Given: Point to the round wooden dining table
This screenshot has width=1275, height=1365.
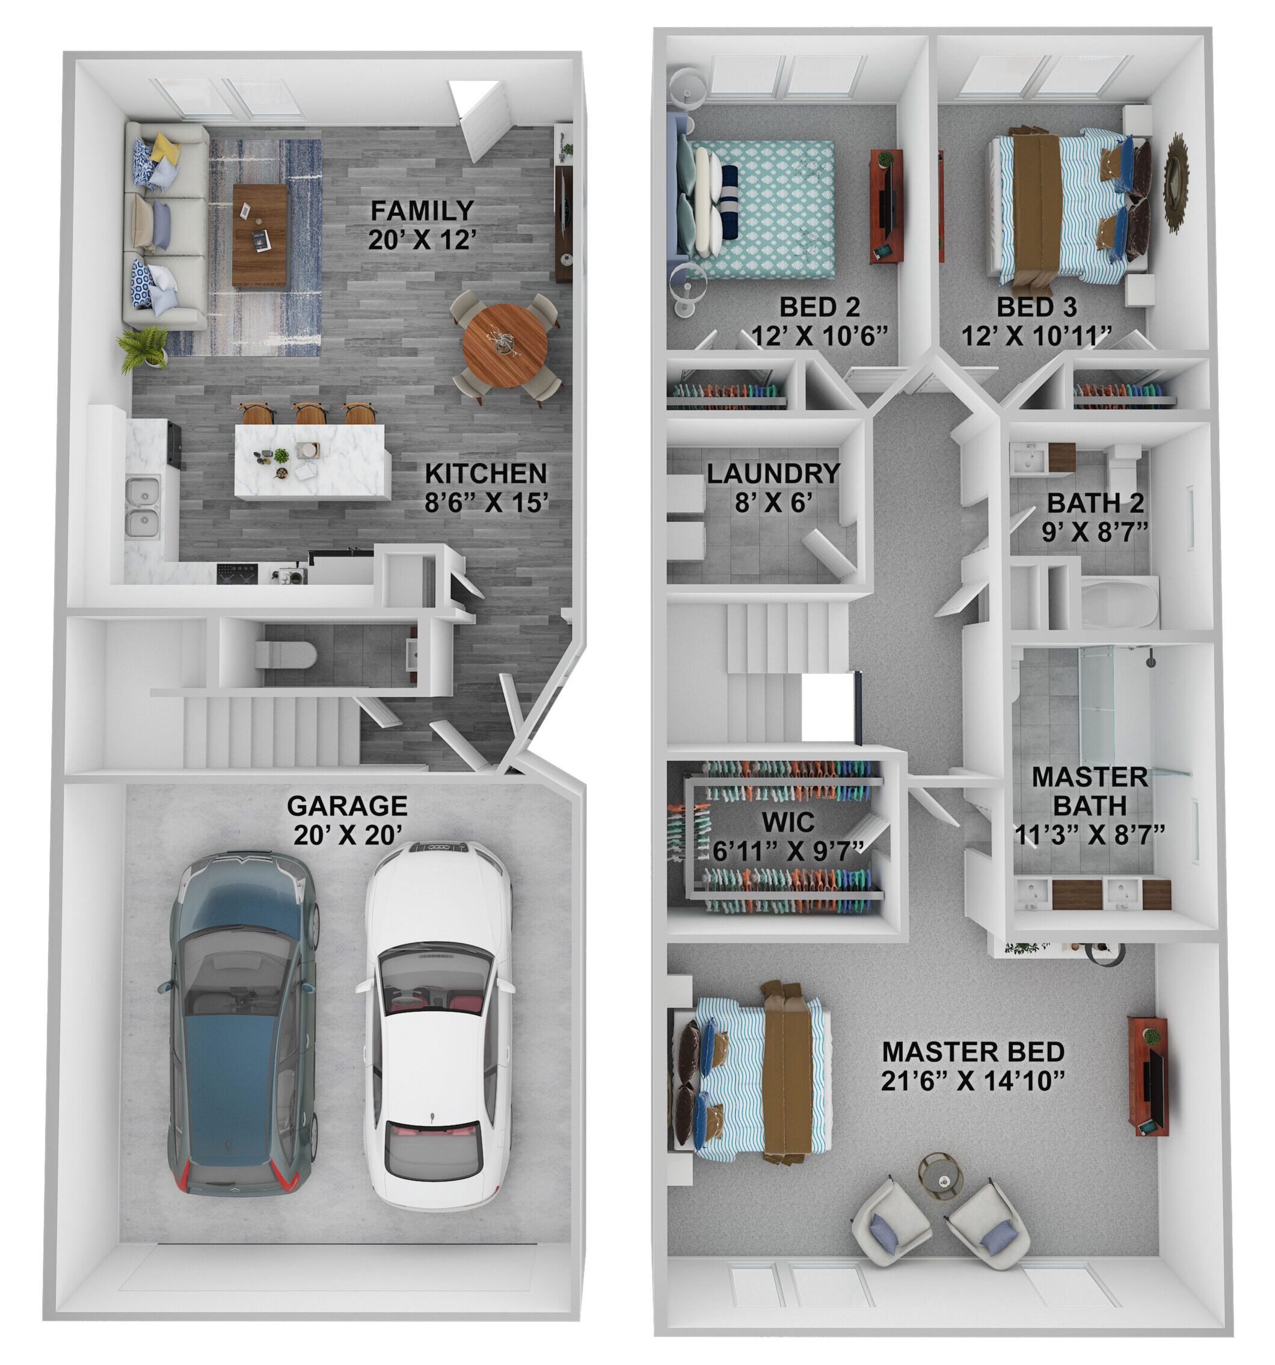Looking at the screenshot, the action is (x=505, y=346).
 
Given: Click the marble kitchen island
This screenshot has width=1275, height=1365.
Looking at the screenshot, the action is (x=312, y=461).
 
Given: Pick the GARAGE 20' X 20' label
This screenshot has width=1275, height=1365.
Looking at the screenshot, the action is (x=348, y=820).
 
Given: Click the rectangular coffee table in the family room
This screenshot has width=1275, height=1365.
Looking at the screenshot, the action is (x=260, y=235).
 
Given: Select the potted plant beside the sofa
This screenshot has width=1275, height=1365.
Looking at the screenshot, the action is (x=144, y=348).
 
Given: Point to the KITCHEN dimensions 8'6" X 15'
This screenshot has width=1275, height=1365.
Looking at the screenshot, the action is (x=486, y=503).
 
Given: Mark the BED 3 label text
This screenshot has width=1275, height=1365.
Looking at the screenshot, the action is (x=1037, y=307).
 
